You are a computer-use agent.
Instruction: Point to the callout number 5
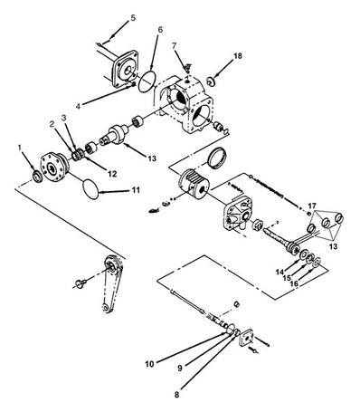pos(133,17)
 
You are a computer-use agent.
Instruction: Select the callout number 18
pos(238,56)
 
